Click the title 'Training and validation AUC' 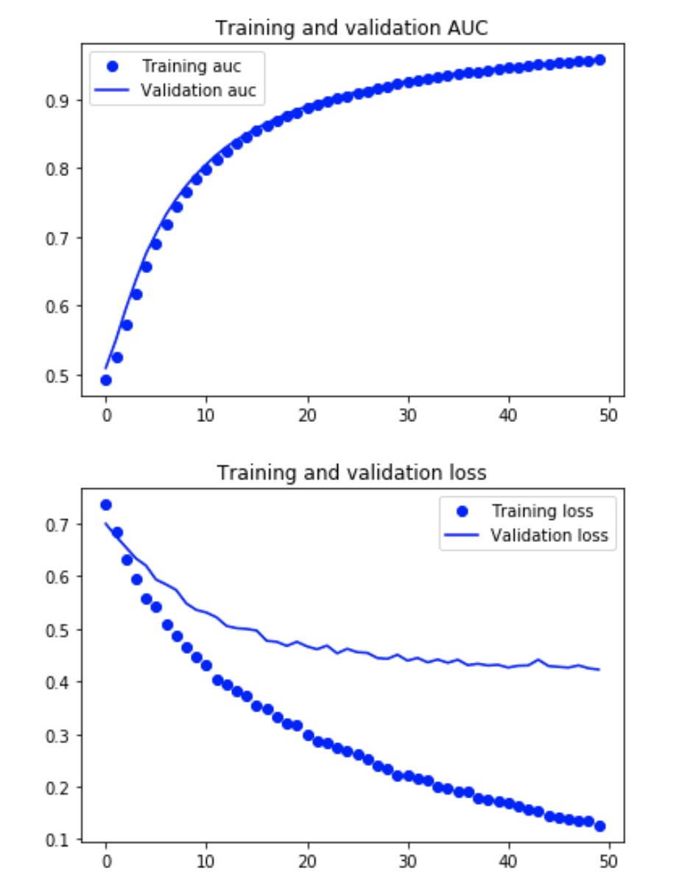[x=351, y=28]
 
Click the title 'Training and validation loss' [x=351, y=472]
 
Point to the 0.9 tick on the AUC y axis [x=61, y=100]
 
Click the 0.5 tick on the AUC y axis [x=61, y=376]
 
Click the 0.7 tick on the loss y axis [x=61, y=525]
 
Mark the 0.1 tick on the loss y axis [x=61, y=840]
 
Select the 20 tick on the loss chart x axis [x=308, y=859]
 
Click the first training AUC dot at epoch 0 [x=106, y=380]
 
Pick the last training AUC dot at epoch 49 [x=600, y=60]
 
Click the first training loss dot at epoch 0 [x=106, y=505]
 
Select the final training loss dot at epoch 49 [x=600, y=826]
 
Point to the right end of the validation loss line [x=600, y=669]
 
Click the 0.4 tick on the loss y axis [x=61, y=683]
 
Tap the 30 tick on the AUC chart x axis [x=408, y=415]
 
